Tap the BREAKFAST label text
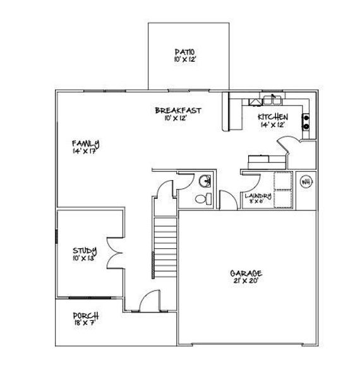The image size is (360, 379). (x=178, y=111)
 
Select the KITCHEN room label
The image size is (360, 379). (x=273, y=117)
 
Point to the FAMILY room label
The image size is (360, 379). (x=85, y=143)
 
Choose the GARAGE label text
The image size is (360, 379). (x=246, y=274)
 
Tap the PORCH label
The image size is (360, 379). (x=85, y=315)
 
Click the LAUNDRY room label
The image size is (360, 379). (x=258, y=196)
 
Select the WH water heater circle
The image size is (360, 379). (x=305, y=183)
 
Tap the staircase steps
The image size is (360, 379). (x=165, y=246)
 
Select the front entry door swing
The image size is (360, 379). (x=149, y=300)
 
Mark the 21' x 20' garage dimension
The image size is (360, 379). (x=246, y=282)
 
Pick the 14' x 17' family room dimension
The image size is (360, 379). (x=85, y=151)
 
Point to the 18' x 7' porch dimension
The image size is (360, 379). (x=85, y=323)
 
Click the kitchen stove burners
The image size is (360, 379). (x=306, y=121)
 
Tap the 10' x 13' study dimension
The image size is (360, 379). (x=83, y=258)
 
